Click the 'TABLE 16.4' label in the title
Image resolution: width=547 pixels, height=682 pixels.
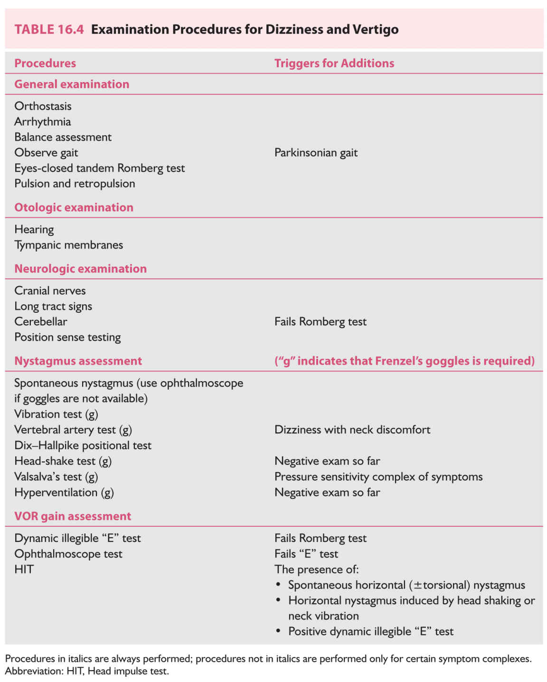pyautogui.click(x=49, y=29)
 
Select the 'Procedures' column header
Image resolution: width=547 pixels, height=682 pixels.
pyautogui.click(x=45, y=63)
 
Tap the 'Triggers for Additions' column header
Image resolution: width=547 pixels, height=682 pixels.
pyautogui.click(x=334, y=63)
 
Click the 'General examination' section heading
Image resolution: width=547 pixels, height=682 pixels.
pyautogui.click(x=72, y=84)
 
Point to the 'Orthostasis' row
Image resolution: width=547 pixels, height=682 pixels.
pyautogui.click(x=43, y=106)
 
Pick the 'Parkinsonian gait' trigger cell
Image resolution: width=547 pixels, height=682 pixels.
pyautogui.click(x=316, y=152)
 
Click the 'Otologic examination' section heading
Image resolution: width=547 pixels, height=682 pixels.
pyautogui.click(x=74, y=207)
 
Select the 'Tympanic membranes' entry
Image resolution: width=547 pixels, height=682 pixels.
pyautogui.click(x=68, y=245)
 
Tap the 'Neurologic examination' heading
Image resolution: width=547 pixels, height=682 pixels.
pyautogui.click(x=80, y=269)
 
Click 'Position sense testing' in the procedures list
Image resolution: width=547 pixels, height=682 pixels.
pyautogui.click(x=67, y=337)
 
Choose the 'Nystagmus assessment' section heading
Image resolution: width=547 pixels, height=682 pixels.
pyautogui.click(x=78, y=361)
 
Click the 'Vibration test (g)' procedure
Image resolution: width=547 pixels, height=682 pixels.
pyautogui.click(x=56, y=414)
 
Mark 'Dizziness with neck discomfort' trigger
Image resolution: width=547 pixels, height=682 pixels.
pyautogui.click(x=352, y=430)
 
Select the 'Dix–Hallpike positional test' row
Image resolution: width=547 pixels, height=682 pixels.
pyautogui.click(x=83, y=445)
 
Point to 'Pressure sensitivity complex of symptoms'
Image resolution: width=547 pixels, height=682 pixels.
pyautogui.click(x=378, y=476)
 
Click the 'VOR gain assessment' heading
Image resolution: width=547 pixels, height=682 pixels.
pyautogui.click(x=73, y=516)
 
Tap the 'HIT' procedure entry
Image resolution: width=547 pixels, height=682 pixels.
pyautogui.click(x=24, y=569)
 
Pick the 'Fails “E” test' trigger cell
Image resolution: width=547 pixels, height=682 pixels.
pyautogui.click(x=306, y=553)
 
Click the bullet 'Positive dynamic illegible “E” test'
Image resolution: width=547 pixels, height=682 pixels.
pyautogui.click(x=370, y=631)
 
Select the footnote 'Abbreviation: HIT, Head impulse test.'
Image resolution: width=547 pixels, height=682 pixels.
pyautogui.click(x=87, y=671)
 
